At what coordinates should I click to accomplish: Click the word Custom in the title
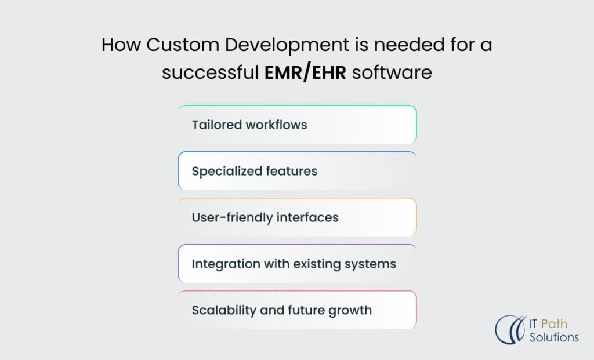pyautogui.click(x=183, y=45)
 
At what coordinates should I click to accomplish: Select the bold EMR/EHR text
pyautogui.click(x=305, y=72)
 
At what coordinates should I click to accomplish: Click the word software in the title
pyautogui.click(x=392, y=72)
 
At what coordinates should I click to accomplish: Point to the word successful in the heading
pyautogui.click(x=210, y=72)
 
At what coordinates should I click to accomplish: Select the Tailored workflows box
pyautogui.click(x=298, y=125)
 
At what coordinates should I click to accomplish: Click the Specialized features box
pyautogui.click(x=298, y=171)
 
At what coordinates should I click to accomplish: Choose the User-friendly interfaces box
pyautogui.click(x=298, y=217)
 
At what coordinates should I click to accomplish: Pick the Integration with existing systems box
pyautogui.click(x=298, y=263)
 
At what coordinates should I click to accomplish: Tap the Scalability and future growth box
pyautogui.click(x=298, y=310)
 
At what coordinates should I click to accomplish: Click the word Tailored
pyautogui.click(x=217, y=125)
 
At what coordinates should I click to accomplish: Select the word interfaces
pyautogui.click(x=307, y=217)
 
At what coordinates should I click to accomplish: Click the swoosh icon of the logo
pyautogui.click(x=510, y=330)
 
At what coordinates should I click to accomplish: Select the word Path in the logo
pyautogui.click(x=554, y=324)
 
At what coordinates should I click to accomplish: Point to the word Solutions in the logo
pyautogui.click(x=554, y=337)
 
